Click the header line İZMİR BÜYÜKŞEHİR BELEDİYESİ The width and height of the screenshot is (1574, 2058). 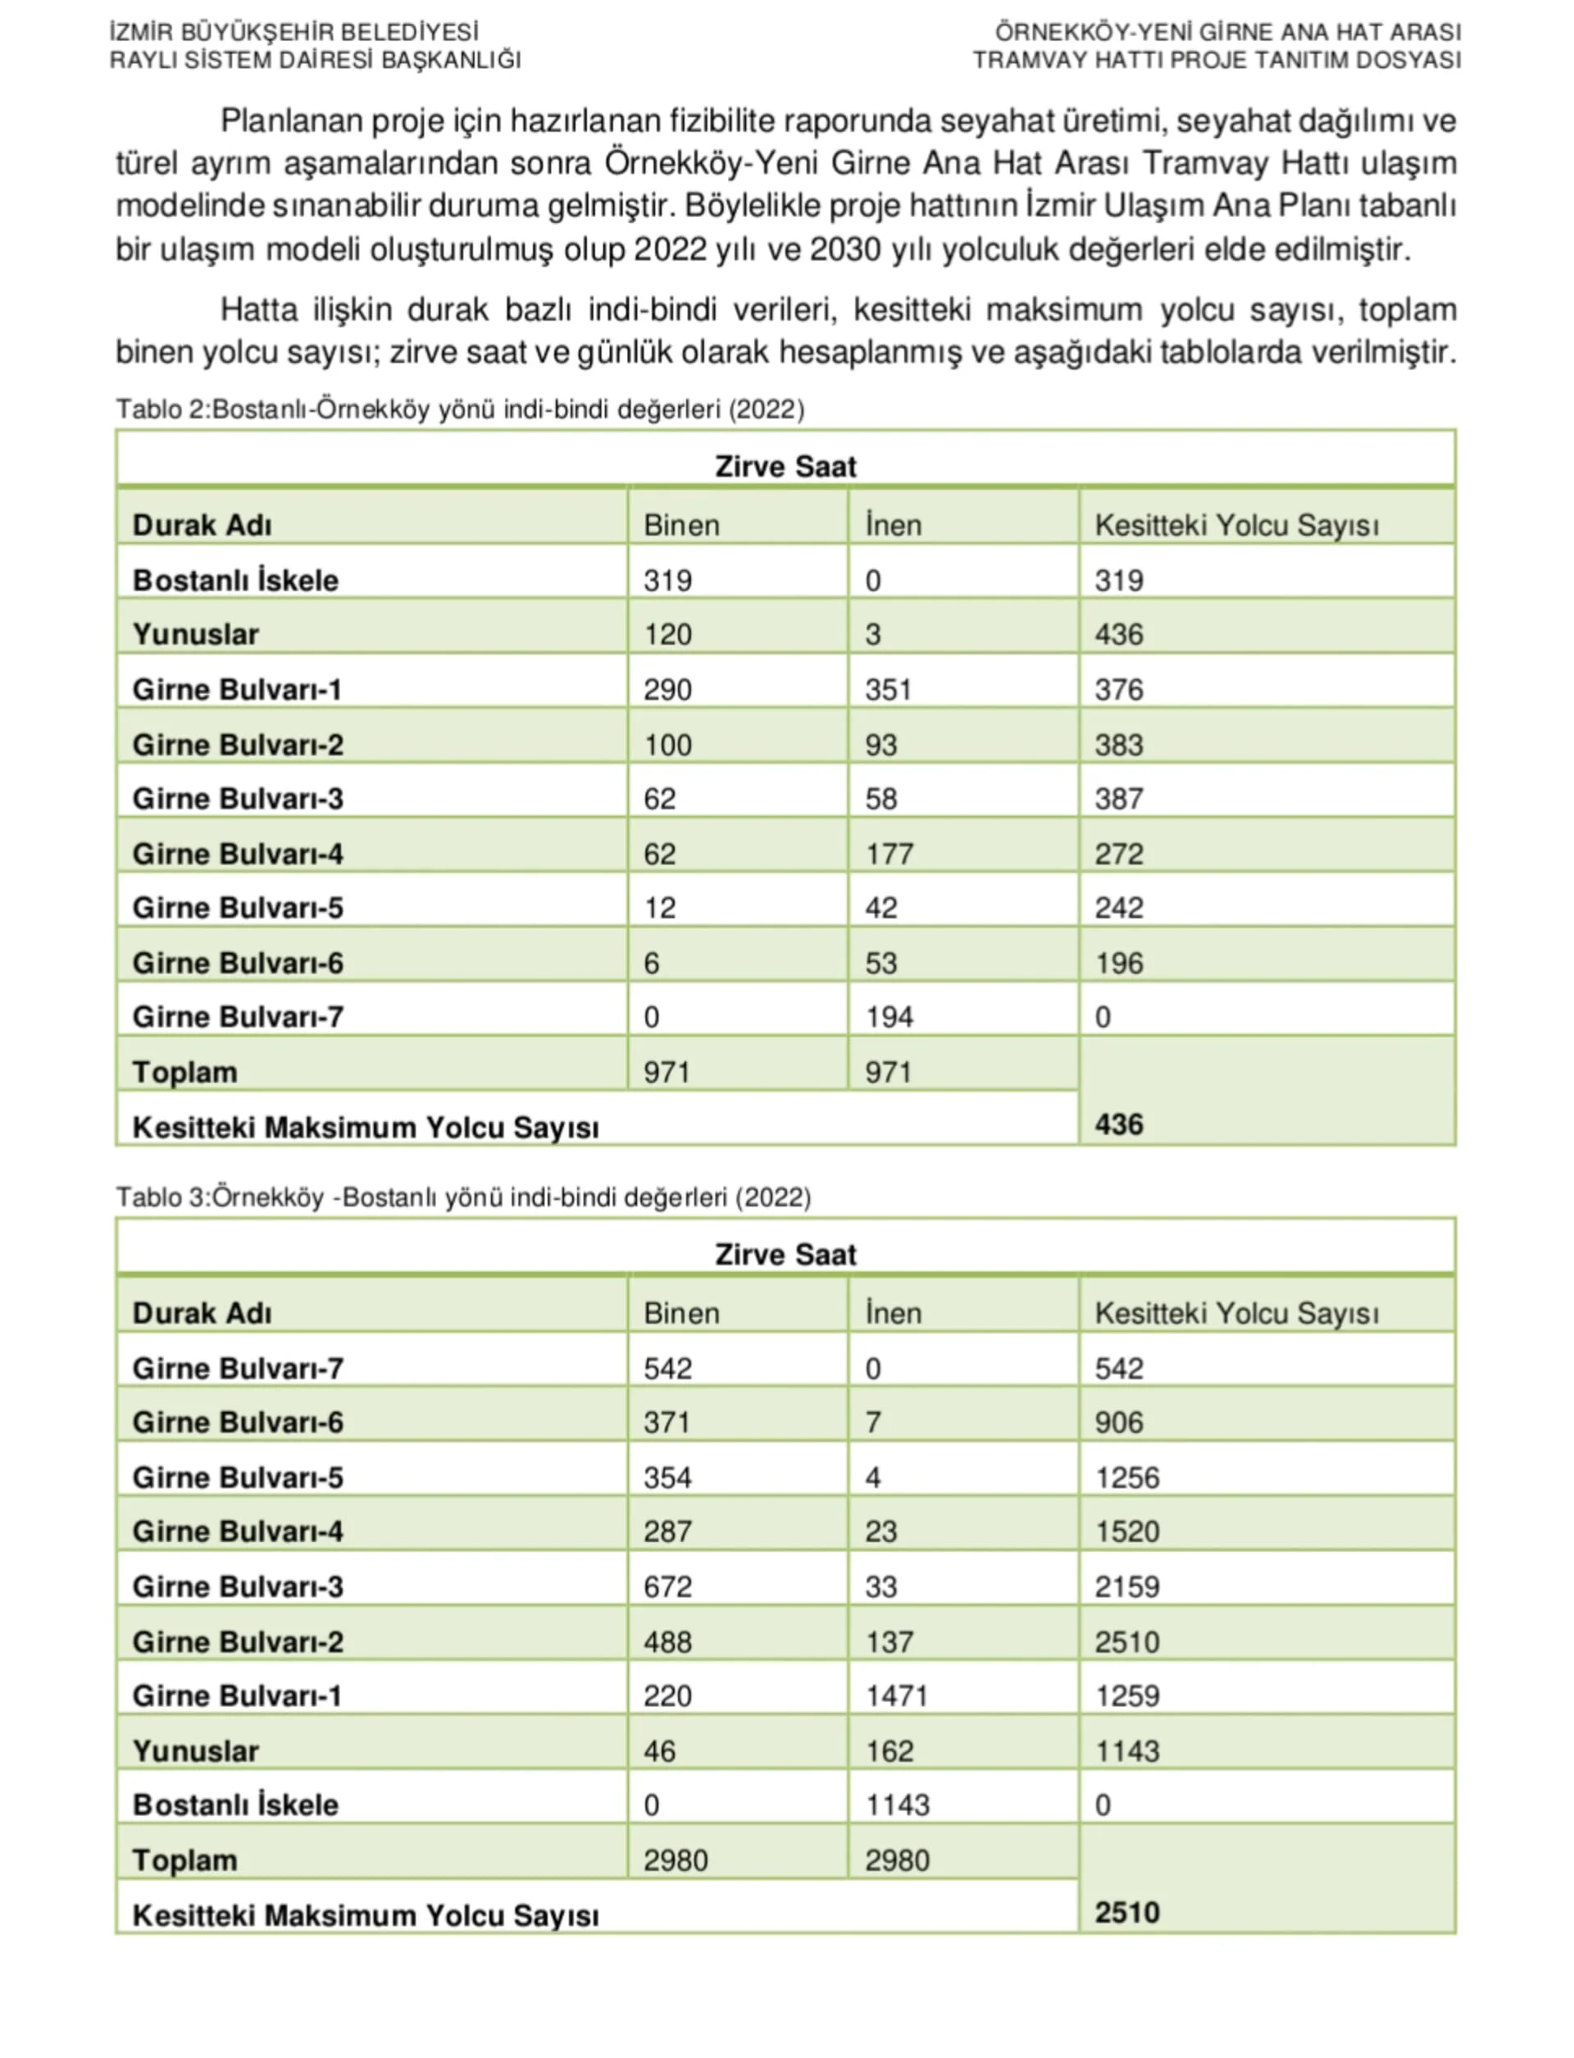(x=294, y=33)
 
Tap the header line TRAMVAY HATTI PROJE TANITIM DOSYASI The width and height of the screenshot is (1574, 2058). (x=1216, y=61)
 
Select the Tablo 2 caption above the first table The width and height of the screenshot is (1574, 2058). (x=460, y=409)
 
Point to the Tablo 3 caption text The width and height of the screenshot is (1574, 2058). (x=463, y=1198)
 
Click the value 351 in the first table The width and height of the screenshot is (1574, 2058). (x=888, y=690)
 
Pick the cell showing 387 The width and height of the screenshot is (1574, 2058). (x=1119, y=798)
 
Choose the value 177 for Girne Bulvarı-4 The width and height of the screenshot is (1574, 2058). (x=888, y=854)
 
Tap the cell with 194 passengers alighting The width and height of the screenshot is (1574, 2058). (x=888, y=1017)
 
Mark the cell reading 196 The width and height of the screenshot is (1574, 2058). (x=1119, y=964)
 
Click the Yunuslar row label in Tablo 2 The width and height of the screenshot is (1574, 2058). (x=195, y=634)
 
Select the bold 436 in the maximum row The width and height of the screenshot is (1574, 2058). (x=1119, y=1125)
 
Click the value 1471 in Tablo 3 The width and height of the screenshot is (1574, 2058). (x=897, y=1695)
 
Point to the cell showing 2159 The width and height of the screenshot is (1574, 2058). (x=1127, y=1586)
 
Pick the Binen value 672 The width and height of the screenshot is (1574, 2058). (x=667, y=1586)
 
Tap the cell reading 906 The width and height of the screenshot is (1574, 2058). (x=1119, y=1422)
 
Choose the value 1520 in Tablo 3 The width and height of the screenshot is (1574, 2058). (x=1127, y=1531)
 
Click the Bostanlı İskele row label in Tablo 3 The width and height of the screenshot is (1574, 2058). (x=235, y=1805)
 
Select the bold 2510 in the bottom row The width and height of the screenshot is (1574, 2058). (x=1127, y=1913)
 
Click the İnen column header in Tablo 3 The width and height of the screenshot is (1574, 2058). (x=893, y=1313)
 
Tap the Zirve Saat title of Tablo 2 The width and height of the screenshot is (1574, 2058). (x=785, y=467)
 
